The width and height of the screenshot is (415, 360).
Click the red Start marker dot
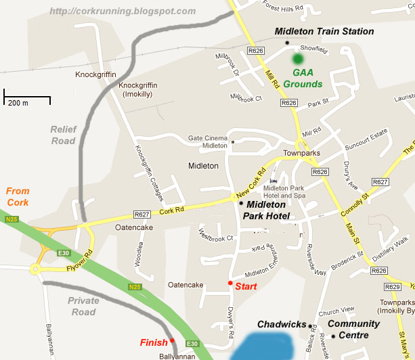(x=230, y=283)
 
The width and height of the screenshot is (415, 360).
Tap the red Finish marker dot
(x=172, y=340)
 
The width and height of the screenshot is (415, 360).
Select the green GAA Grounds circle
(x=297, y=60)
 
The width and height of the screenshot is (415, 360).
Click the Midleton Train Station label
(x=324, y=32)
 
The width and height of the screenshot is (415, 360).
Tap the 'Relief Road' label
(x=65, y=135)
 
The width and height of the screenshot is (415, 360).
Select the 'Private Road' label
(x=83, y=307)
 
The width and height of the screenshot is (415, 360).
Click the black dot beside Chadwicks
(x=311, y=326)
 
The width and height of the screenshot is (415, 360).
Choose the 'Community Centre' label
(x=353, y=330)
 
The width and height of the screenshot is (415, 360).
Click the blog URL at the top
(x=123, y=12)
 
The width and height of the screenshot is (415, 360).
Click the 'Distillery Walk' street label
(x=390, y=246)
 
